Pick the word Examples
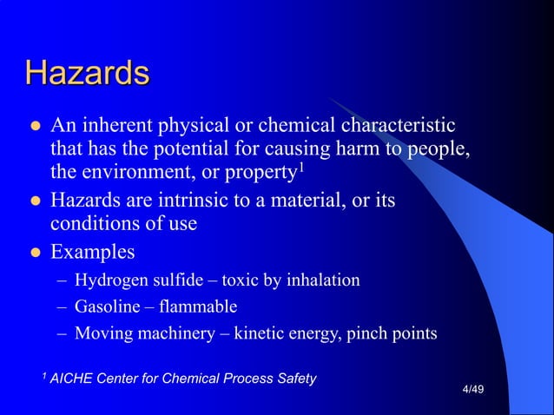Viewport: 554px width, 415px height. point(93,253)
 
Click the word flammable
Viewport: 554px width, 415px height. point(196,306)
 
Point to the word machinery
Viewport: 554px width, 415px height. point(175,333)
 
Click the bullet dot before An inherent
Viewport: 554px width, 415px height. point(35,128)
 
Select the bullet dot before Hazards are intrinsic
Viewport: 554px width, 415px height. point(35,202)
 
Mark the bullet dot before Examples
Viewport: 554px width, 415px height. point(35,254)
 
